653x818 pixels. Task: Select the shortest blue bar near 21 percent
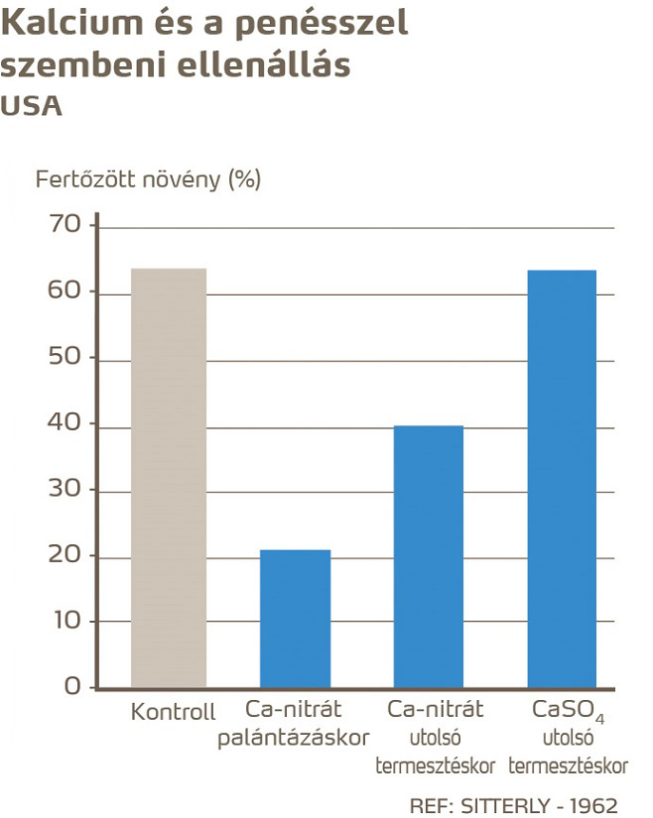(x=295, y=619)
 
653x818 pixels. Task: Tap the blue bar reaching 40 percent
(x=429, y=556)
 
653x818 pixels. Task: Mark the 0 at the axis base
(x=71, y=686)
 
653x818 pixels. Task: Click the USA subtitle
(x=31, y=106)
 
